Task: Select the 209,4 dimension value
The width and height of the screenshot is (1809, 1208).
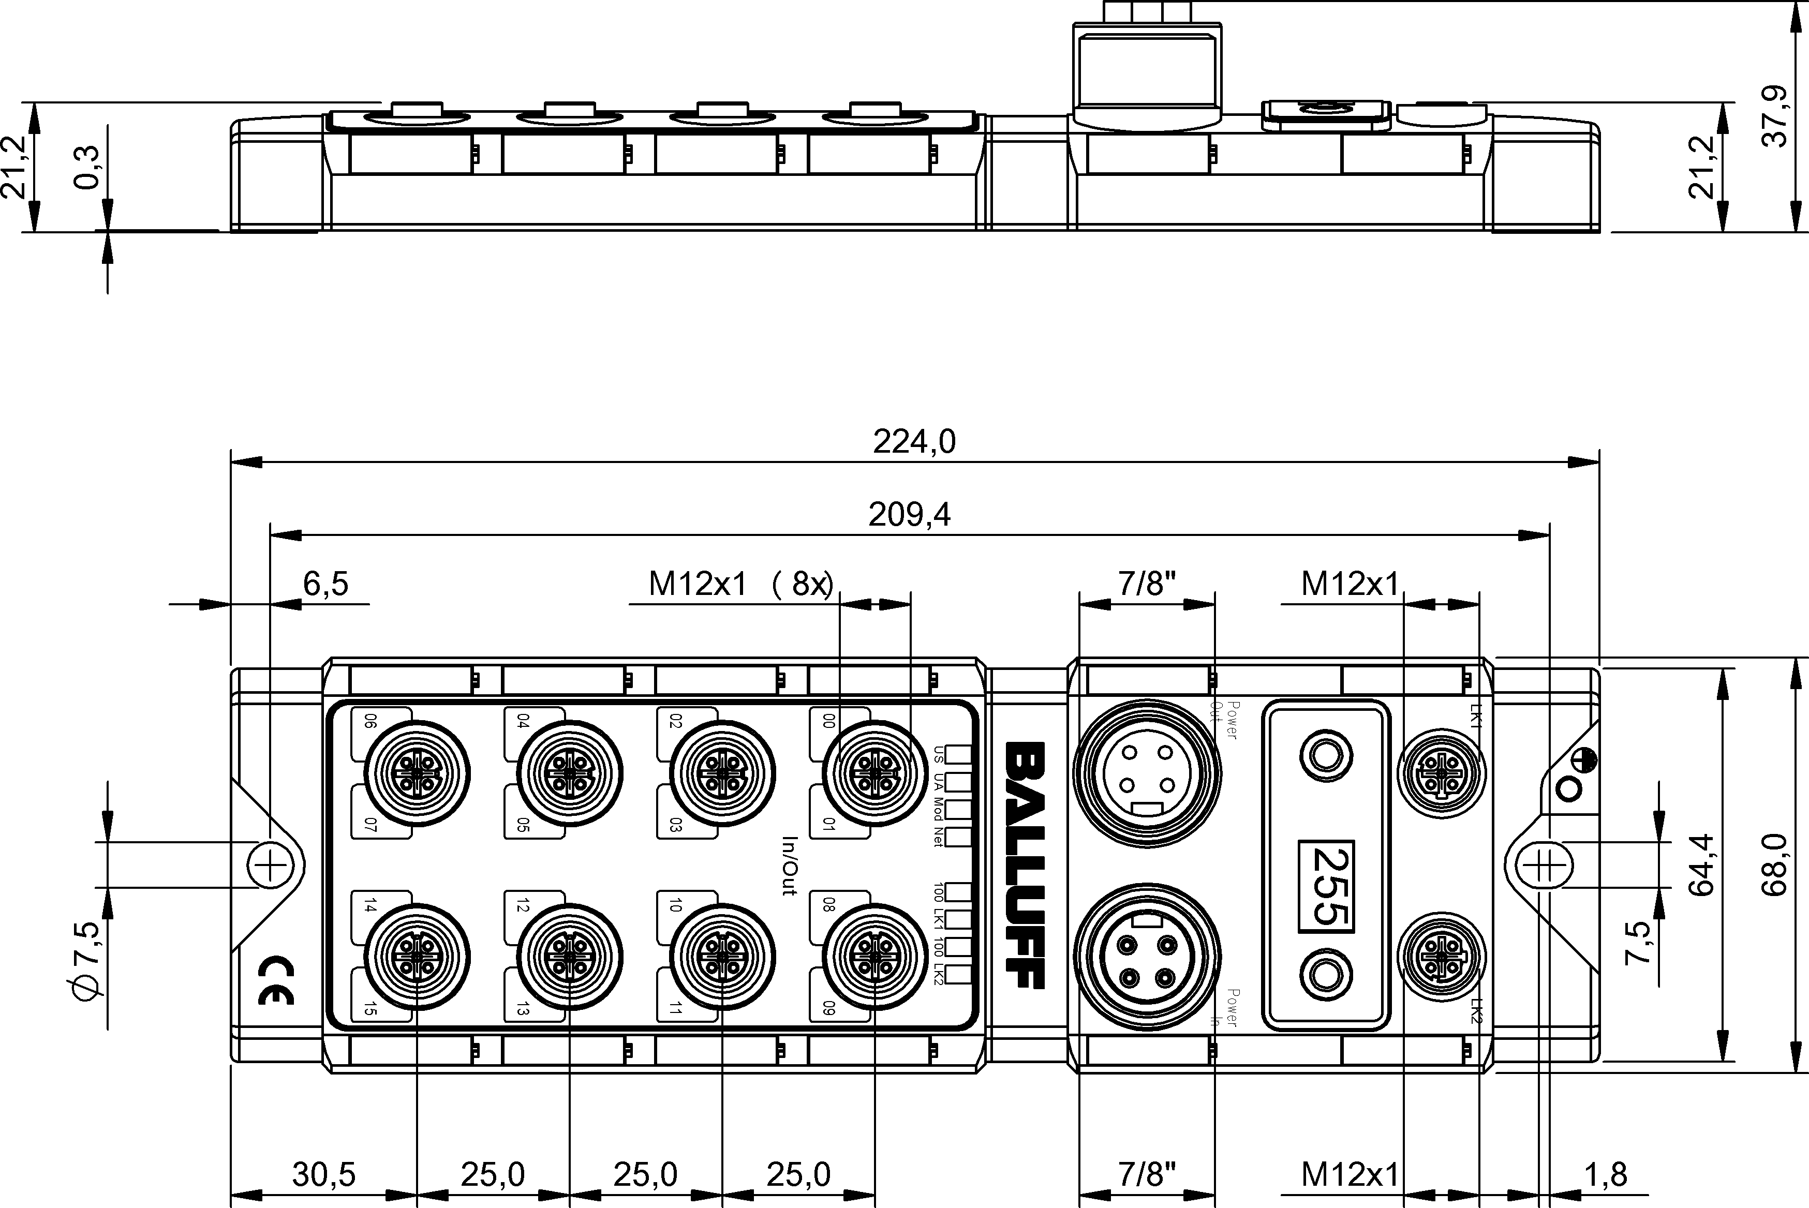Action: click(909, 515)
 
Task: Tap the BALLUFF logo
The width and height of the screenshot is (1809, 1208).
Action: click(1026, 865)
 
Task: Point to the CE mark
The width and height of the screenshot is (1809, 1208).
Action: click(276, 982)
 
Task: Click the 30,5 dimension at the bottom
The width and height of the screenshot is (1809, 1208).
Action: click(323, 1175)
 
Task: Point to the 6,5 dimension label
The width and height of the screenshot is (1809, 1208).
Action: click(325, 584)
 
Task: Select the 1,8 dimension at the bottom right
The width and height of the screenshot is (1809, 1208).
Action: click(1605, 1175)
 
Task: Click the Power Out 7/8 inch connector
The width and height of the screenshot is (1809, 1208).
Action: click(1147, 774)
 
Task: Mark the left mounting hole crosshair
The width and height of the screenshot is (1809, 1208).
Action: click(271, 866)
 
